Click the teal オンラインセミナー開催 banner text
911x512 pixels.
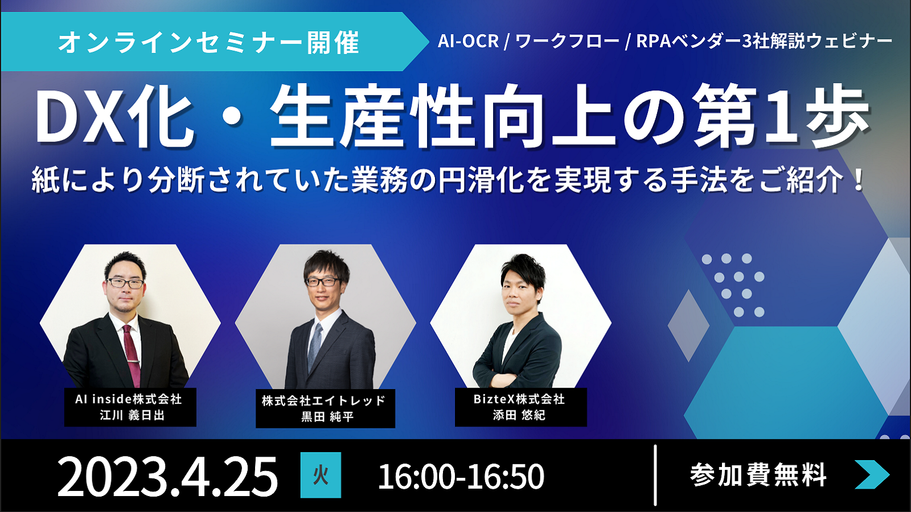point(208,42)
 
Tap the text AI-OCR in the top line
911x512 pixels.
point(468,41)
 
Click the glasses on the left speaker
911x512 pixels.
point(125,283)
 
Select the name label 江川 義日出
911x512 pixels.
point(132,415)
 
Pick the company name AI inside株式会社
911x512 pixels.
point(128,399)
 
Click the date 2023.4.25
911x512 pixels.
point(167,476)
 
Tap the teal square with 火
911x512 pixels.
point(321,475)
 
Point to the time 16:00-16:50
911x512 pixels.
point(461,476)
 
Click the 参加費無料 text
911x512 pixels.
point(758,474)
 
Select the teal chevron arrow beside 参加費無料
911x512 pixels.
point(872,474)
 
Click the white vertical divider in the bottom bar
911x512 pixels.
point(655,475)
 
